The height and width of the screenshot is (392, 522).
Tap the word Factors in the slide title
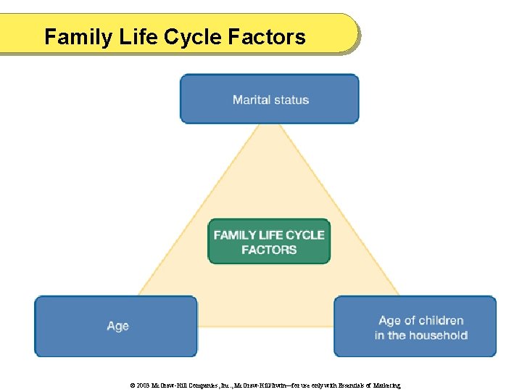[x=270, y=37]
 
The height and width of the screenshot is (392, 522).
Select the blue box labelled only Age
[x=117, y=327]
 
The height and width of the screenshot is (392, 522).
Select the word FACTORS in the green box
[x=269, y=250]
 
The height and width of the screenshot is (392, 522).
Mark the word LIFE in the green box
[x=270, y=235]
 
